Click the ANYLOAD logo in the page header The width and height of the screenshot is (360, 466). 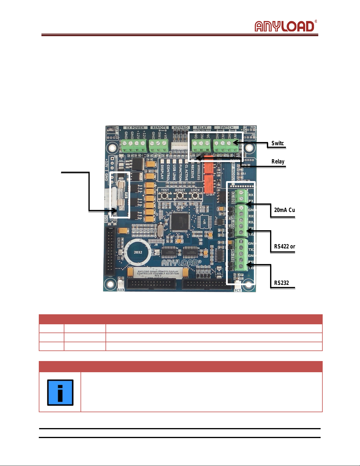click(x=284, y=26)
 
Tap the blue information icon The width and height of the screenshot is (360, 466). click(x=60, y=392)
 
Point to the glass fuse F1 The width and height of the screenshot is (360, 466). click(x=121, y=194)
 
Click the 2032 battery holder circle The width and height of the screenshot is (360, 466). click(x=138, y=252)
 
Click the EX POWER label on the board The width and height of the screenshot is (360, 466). click(x=135, y=128)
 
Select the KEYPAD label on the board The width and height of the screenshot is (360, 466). click(x=180, y=128)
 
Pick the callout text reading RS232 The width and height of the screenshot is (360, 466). click(x=282, y=283)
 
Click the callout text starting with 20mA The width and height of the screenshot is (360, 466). click(x=284, y=210)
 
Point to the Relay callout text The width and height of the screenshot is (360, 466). click(x=278, y=161)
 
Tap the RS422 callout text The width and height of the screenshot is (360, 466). click(x=284, y=246)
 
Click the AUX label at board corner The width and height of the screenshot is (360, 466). click(x=121, y=290)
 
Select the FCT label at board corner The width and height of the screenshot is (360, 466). click(x=237, y=290)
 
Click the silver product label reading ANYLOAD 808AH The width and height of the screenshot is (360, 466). click(x=158, y=273)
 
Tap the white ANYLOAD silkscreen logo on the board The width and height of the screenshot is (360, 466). click(x=181, y=263)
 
